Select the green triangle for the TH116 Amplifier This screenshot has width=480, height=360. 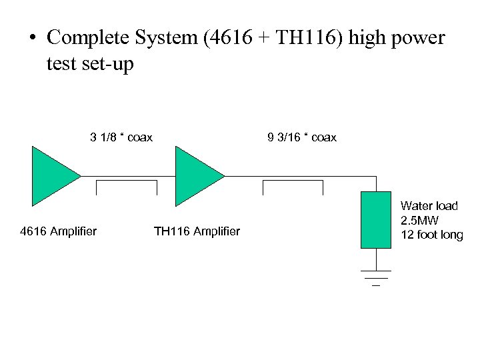195,176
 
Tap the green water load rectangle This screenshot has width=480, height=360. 375,219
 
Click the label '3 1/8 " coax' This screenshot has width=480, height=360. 121,138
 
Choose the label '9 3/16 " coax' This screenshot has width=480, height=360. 302,138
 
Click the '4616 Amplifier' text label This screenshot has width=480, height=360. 59,231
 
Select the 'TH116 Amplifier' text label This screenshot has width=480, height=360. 197,231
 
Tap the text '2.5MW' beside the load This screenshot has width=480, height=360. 419,221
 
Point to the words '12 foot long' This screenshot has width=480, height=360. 431,235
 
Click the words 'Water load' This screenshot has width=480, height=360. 429,207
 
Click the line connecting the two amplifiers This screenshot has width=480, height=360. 127,176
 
